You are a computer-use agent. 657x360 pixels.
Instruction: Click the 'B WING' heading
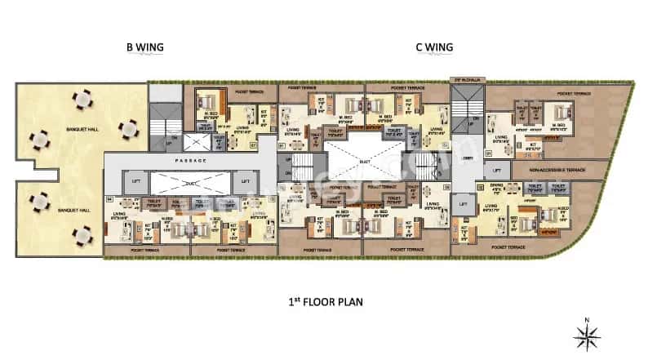[x=145, y=47]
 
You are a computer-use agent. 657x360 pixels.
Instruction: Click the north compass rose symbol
[x=588, y=332]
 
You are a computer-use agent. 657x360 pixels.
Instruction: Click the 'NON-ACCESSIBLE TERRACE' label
[x=557, y=171]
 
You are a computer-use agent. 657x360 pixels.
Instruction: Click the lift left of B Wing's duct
[x=135, y=180]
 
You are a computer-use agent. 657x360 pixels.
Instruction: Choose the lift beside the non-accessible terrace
[x=495, y=171]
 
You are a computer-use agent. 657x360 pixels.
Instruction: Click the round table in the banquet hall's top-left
[x=82, y=100]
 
